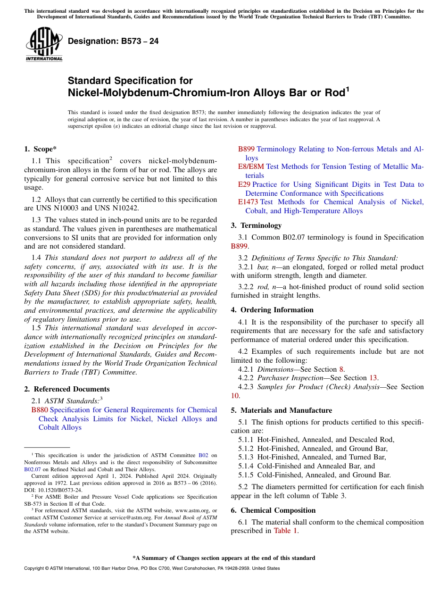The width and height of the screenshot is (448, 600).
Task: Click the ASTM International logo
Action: pos(44,44)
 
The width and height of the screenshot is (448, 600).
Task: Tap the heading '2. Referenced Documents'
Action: pos(66,389)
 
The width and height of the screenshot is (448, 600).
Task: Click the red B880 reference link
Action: pos(39,410)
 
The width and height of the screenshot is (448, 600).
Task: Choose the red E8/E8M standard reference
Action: pos(251,167)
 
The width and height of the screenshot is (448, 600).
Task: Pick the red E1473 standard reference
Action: pos(248,202)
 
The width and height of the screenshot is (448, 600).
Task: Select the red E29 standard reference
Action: pos(244,184)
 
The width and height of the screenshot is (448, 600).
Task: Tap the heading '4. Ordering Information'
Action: pos(272,310)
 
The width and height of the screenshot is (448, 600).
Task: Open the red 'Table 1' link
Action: pos(286,531)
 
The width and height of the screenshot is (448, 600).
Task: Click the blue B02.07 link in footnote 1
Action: pos(32,469)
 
